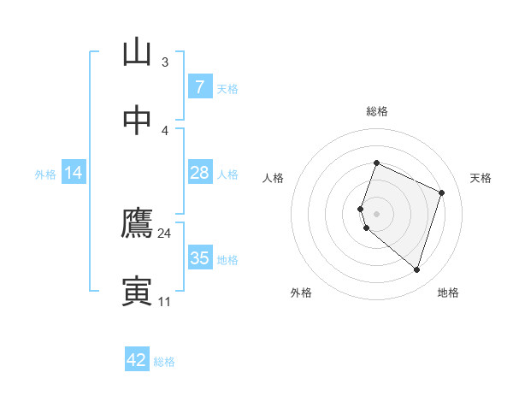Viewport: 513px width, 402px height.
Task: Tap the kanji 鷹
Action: point(137,224)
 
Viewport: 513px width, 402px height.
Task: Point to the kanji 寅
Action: point(137,291)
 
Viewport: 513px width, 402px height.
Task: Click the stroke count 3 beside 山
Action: point(164,62)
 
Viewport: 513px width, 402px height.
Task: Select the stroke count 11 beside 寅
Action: point(164,301)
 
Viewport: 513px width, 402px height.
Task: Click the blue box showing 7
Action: point(199,87)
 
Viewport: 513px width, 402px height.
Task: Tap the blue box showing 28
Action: point(199,173)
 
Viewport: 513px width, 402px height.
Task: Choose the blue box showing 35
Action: point(199,258)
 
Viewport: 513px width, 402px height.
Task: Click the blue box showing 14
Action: point(74,173)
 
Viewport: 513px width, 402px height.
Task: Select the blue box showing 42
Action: point(137,360)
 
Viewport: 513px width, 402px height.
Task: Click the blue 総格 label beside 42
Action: point(164,362)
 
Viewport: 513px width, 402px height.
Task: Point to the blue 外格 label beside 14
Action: point(45,174)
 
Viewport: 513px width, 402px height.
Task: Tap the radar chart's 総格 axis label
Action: point(377,111)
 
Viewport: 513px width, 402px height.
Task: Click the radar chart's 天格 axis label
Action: point(481,178)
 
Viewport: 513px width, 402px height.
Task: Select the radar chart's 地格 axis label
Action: point(448,293)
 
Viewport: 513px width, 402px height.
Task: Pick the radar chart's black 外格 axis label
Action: point(301,293)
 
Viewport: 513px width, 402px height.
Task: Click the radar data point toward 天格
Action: point(442,192)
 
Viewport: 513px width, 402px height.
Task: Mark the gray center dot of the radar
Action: point(377,213)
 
